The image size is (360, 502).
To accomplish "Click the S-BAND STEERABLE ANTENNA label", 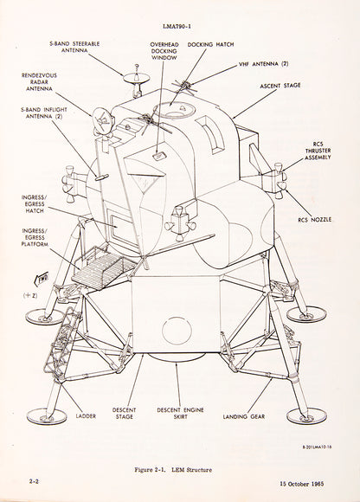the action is pyautogui.click(x=74, y=47).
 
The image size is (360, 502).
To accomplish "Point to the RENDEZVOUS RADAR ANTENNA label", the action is pyautogui.click(x=39, y=82).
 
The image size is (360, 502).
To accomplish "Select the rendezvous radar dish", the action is pyautogui.click(x=103, y=120).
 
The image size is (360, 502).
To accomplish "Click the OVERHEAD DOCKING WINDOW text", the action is pyautogui.click(x=164, y=51).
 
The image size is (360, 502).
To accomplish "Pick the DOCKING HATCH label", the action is pyautogui.click(x=210, y=44).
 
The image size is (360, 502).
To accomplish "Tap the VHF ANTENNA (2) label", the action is pyautogui.click(x=263, y=64).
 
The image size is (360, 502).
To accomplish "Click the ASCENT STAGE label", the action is pyautogui.click(x=280, y=86).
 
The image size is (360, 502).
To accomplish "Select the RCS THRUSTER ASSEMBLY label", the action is pyautogui.click(x=318, y=151).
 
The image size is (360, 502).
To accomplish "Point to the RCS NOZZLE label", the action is pyautogui.click(x=314, y=220).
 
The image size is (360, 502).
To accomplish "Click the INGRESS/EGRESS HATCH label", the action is pyautogui.click(x=35, y=204).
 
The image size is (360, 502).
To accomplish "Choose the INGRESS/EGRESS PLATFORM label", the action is pyautogui.click(x=35, y=237).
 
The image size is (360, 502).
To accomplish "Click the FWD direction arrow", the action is pyautogui.click(x=42, y=279).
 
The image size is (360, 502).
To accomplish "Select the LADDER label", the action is pyautogui.click(x=86, y=416).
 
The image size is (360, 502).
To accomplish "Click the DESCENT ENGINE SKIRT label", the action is pyautogui.click(x=180, y=414).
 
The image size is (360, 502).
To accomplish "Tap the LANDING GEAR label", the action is pyautogui.click(x=244, y=416).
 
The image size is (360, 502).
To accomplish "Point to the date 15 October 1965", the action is pyautogui.click(x=302, y=484).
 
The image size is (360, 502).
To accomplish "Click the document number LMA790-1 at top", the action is pyautogui.click(x=177, y=27).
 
